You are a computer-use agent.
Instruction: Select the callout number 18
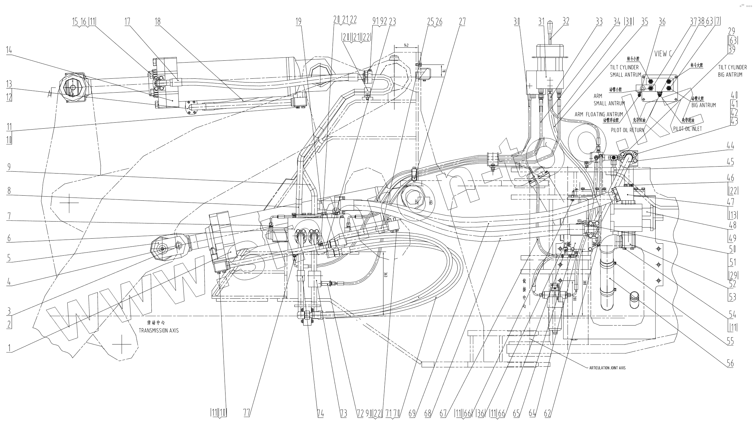point(158,21)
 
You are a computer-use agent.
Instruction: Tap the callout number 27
point(462,21)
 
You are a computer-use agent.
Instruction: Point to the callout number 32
point(566,21)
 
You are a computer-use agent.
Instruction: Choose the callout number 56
point(730,363)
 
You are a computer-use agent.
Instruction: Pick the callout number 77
point(247,413)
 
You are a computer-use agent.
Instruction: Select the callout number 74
point(320,413)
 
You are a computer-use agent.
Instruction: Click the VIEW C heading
point(663,54)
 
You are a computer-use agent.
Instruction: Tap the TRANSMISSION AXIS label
point(159,331)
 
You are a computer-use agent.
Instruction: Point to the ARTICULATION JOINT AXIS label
point(607,368)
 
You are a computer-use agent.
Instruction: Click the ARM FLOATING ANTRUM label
point(599,114)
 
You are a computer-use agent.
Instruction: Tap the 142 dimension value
point(406,46)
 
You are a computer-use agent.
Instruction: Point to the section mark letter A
point(50,94)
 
